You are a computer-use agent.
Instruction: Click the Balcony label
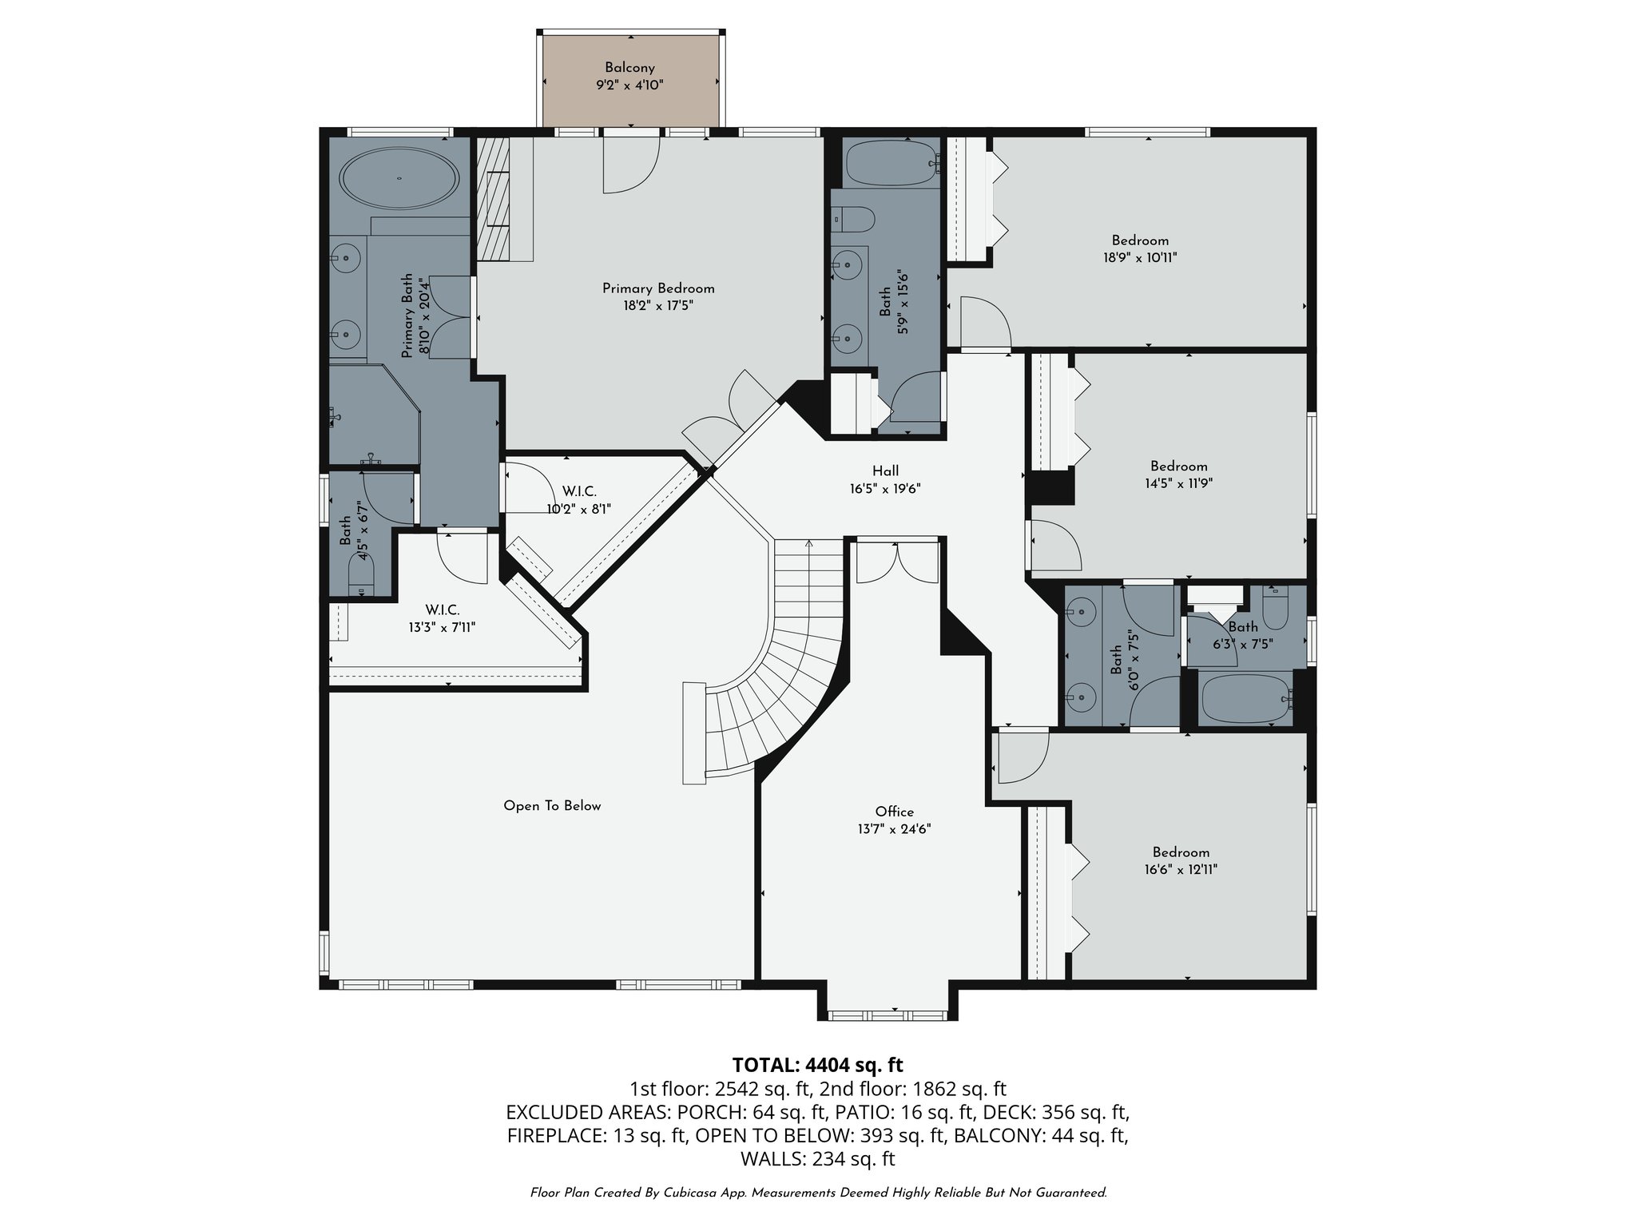point(629,68)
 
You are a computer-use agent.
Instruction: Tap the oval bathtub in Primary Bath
point(399,179)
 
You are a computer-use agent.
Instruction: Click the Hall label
point(885,471)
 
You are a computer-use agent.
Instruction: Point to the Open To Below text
point(552,806)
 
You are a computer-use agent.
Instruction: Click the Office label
point(894,812)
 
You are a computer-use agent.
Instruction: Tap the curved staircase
point(791,655)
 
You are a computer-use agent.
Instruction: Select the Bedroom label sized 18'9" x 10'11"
point(1140,240)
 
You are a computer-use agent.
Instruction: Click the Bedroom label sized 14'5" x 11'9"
point(1178,467)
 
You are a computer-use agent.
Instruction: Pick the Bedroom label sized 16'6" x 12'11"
point(1181,852)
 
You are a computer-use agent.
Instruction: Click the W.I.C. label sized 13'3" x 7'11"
point(442,610)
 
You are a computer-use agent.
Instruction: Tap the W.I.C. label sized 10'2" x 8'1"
point(579,492)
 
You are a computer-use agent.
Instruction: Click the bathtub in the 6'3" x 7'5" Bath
point(1245,700)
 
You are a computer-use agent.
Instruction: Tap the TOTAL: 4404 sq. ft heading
point(817,1065)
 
